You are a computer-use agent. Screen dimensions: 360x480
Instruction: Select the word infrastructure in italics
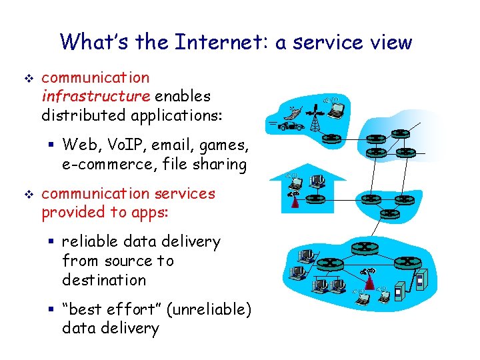click(x=95, y=97)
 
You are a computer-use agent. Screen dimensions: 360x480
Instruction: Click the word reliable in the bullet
click(x=89, y=241)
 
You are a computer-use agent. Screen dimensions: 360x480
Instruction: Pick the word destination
click(x=103, y=280)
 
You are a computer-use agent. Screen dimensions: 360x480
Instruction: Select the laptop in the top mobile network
click(x=335, y=108)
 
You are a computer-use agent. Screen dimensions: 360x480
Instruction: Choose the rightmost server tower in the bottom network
click(x=419, y=281)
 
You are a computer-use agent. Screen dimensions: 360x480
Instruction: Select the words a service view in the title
click(x=344, y=42)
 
